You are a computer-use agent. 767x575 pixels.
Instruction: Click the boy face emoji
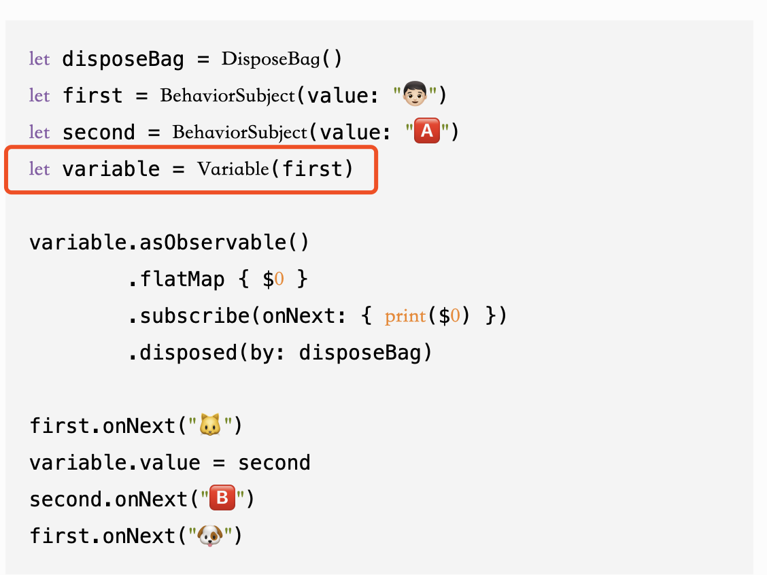click(416, 95)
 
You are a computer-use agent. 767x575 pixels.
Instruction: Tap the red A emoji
click(427, 132)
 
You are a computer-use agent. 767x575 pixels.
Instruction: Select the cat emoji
click(209, 426)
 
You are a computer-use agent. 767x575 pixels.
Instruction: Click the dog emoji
click(209, 536)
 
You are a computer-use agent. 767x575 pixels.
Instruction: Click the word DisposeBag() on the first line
click(282, 59)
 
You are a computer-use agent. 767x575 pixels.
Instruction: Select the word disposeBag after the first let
click(123, 59)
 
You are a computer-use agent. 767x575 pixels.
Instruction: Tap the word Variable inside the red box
click(233, 169)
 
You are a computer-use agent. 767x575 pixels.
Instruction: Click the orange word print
click(405, 316)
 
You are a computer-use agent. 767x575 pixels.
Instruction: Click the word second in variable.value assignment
click(274, 463)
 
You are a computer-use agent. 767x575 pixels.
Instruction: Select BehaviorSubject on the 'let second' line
click(240, 132)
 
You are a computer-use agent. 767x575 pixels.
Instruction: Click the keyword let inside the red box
click(39, 169)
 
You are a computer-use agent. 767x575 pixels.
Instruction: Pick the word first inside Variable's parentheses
click(312, 169)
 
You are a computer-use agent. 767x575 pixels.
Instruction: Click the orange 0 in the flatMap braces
click(279, 279)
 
